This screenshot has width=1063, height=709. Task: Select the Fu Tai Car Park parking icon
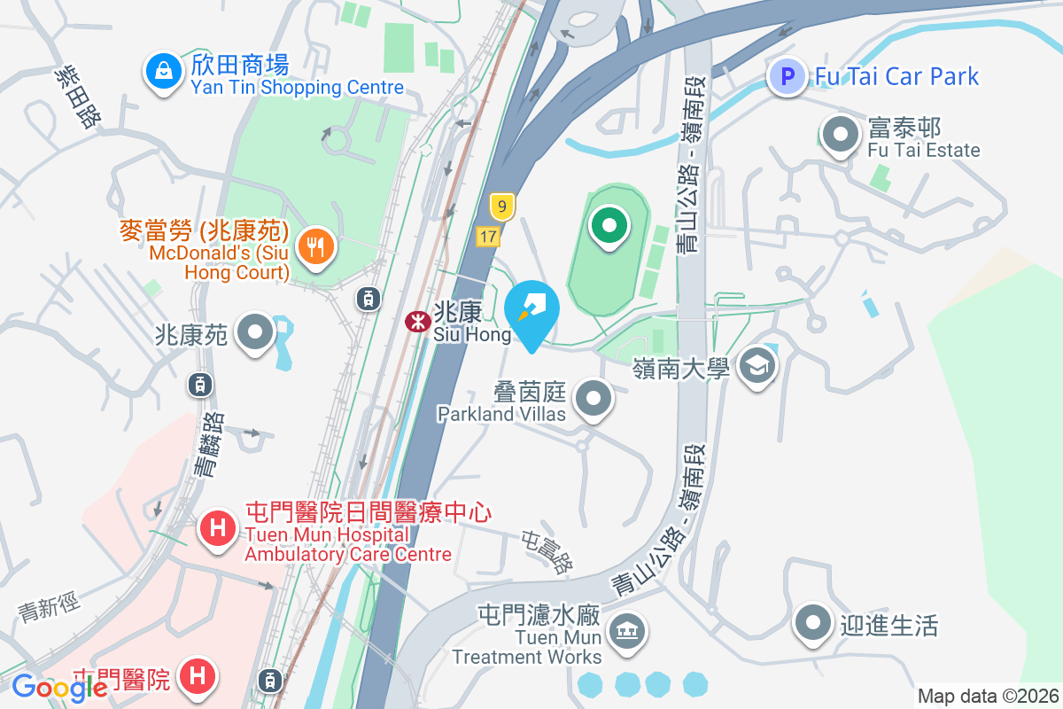(787, 76)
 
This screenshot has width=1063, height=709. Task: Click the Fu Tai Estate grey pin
(841, 136)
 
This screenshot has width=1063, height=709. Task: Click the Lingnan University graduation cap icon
(757, 365)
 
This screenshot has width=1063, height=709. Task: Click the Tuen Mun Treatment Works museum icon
(628, 631)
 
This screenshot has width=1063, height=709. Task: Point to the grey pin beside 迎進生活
(812, 623)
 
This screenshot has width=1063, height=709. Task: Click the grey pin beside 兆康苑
(257, 333)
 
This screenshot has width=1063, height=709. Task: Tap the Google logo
(59, 687)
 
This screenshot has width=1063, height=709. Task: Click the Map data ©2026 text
(988, 696)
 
